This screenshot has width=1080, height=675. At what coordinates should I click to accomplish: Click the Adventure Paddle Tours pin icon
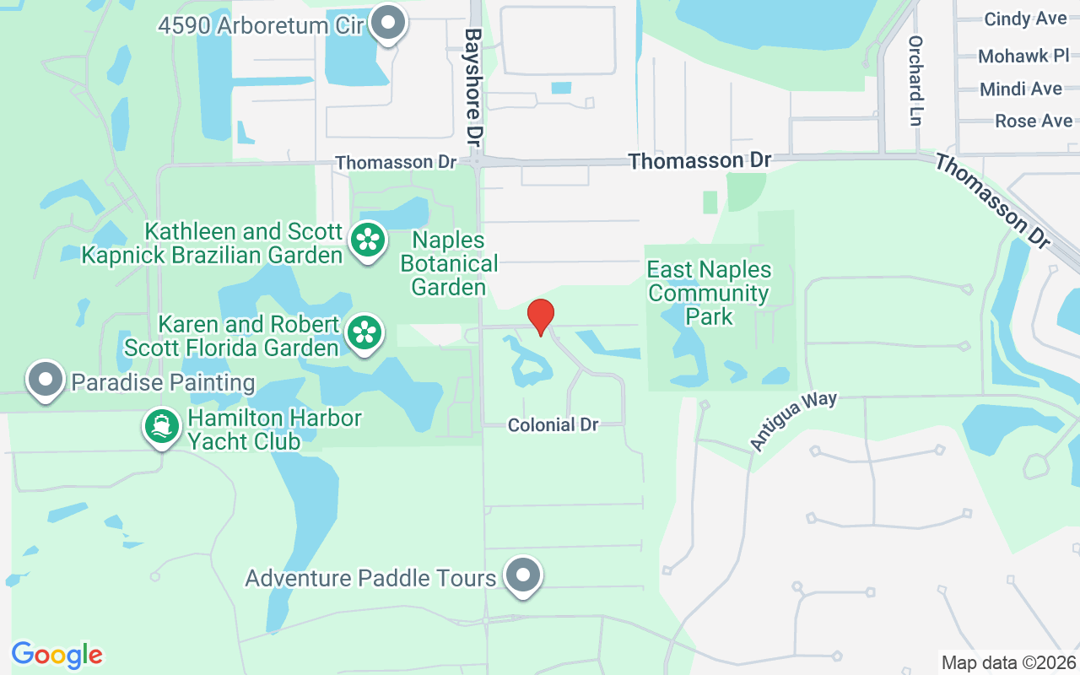click(523, 576)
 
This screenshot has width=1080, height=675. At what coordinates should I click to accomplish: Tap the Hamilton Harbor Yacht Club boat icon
click(161, 426)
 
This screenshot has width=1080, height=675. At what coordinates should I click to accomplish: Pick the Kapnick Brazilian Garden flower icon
click(368, 241)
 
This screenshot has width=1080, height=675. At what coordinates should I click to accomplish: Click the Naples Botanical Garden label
click(449, 264)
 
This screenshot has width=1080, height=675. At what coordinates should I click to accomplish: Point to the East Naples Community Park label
click(709, 293)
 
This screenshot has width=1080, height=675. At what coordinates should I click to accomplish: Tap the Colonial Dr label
click(553, 425)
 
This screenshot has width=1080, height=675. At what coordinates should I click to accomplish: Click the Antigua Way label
click(793, 420)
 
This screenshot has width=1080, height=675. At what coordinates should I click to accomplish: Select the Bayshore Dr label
click(472, 84)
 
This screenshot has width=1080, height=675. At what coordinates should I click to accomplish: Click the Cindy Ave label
click(1025, 19)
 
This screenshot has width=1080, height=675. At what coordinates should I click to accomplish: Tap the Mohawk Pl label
click(1024, 57)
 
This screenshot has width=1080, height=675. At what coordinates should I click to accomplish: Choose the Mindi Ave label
click(1021, 89)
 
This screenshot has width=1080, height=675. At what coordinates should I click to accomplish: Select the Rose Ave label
click(1034, 121)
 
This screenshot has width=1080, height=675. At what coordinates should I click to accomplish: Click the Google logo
click(57, 655)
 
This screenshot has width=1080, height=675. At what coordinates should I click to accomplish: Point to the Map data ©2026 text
click(1008, 662)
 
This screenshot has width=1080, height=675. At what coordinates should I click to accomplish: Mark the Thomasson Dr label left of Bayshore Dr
click(396, 161)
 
